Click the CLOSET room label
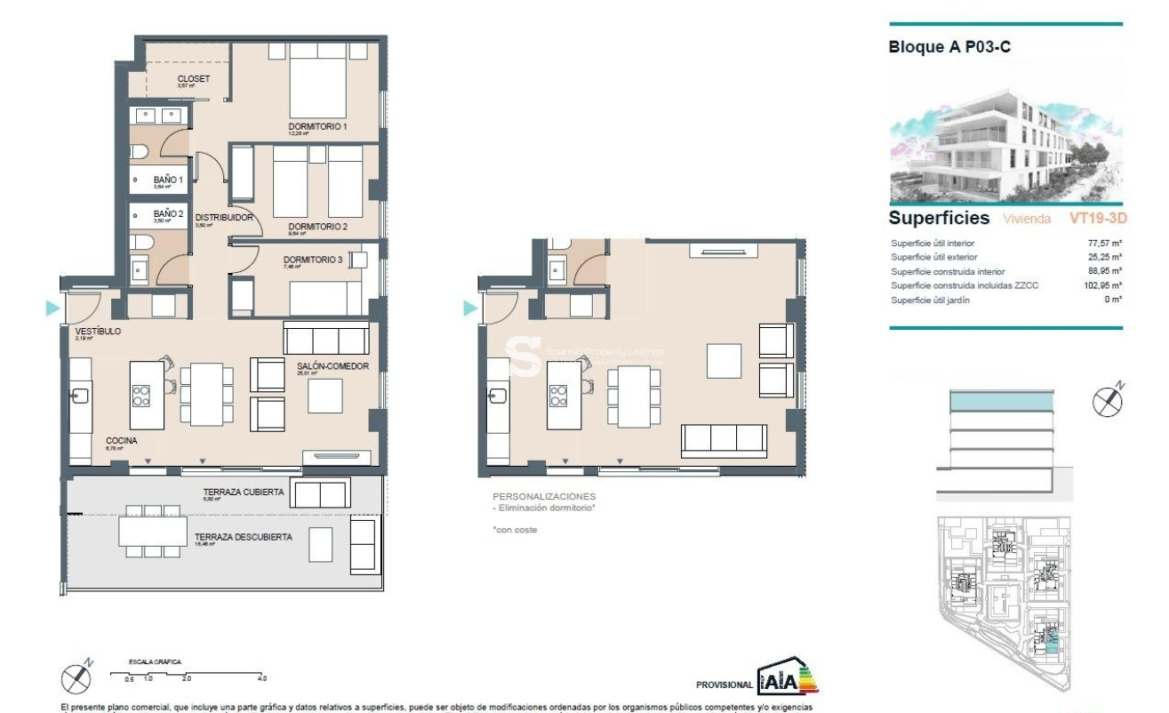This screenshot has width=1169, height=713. [x=193, y=79]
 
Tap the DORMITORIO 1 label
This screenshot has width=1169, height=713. [x=317, y=127]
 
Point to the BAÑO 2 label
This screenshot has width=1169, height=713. [x=167, y=214]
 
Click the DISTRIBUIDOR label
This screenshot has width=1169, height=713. [x=225, y=218]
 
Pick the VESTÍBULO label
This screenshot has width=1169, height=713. [x=97, y=332]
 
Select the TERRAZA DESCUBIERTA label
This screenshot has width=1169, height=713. [x=243, y=537]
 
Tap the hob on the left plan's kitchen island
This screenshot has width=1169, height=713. [x=141, y=395]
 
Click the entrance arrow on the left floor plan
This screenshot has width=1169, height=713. [x=53, y=308]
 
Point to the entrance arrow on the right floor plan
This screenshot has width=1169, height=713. [x=470, y=308]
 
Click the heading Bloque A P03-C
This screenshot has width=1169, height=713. [x=949, y=48]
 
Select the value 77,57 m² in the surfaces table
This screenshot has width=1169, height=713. [x=1105, y=243]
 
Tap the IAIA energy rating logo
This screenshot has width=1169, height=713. [x=787, y=680]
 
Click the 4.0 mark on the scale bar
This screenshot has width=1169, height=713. [x=262, y=678]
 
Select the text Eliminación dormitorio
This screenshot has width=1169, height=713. [x=547, y=508]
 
